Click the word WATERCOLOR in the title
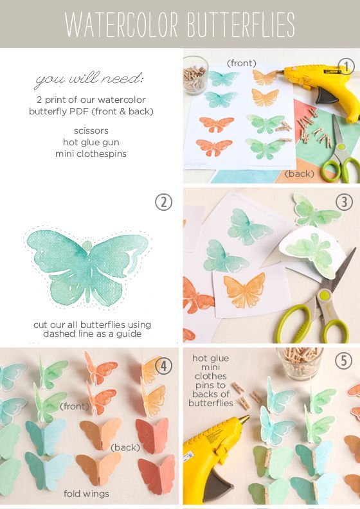coord(122,24)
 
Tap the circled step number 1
coord(345,67)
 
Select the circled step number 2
coord(163,202)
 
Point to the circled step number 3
coord(344,202)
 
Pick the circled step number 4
coord(163,366)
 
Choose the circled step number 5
coord(344,361)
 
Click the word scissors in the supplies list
coord(91,131)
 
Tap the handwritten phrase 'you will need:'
coord(89,80)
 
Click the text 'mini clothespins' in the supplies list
coord(91,154)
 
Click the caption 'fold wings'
coord(86,494)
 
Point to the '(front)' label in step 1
coord(242,63)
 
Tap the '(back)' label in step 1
coord(300,174)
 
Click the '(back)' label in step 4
coord(125,447)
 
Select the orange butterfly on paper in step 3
coord(244,290)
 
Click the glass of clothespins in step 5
coord(300,363)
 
